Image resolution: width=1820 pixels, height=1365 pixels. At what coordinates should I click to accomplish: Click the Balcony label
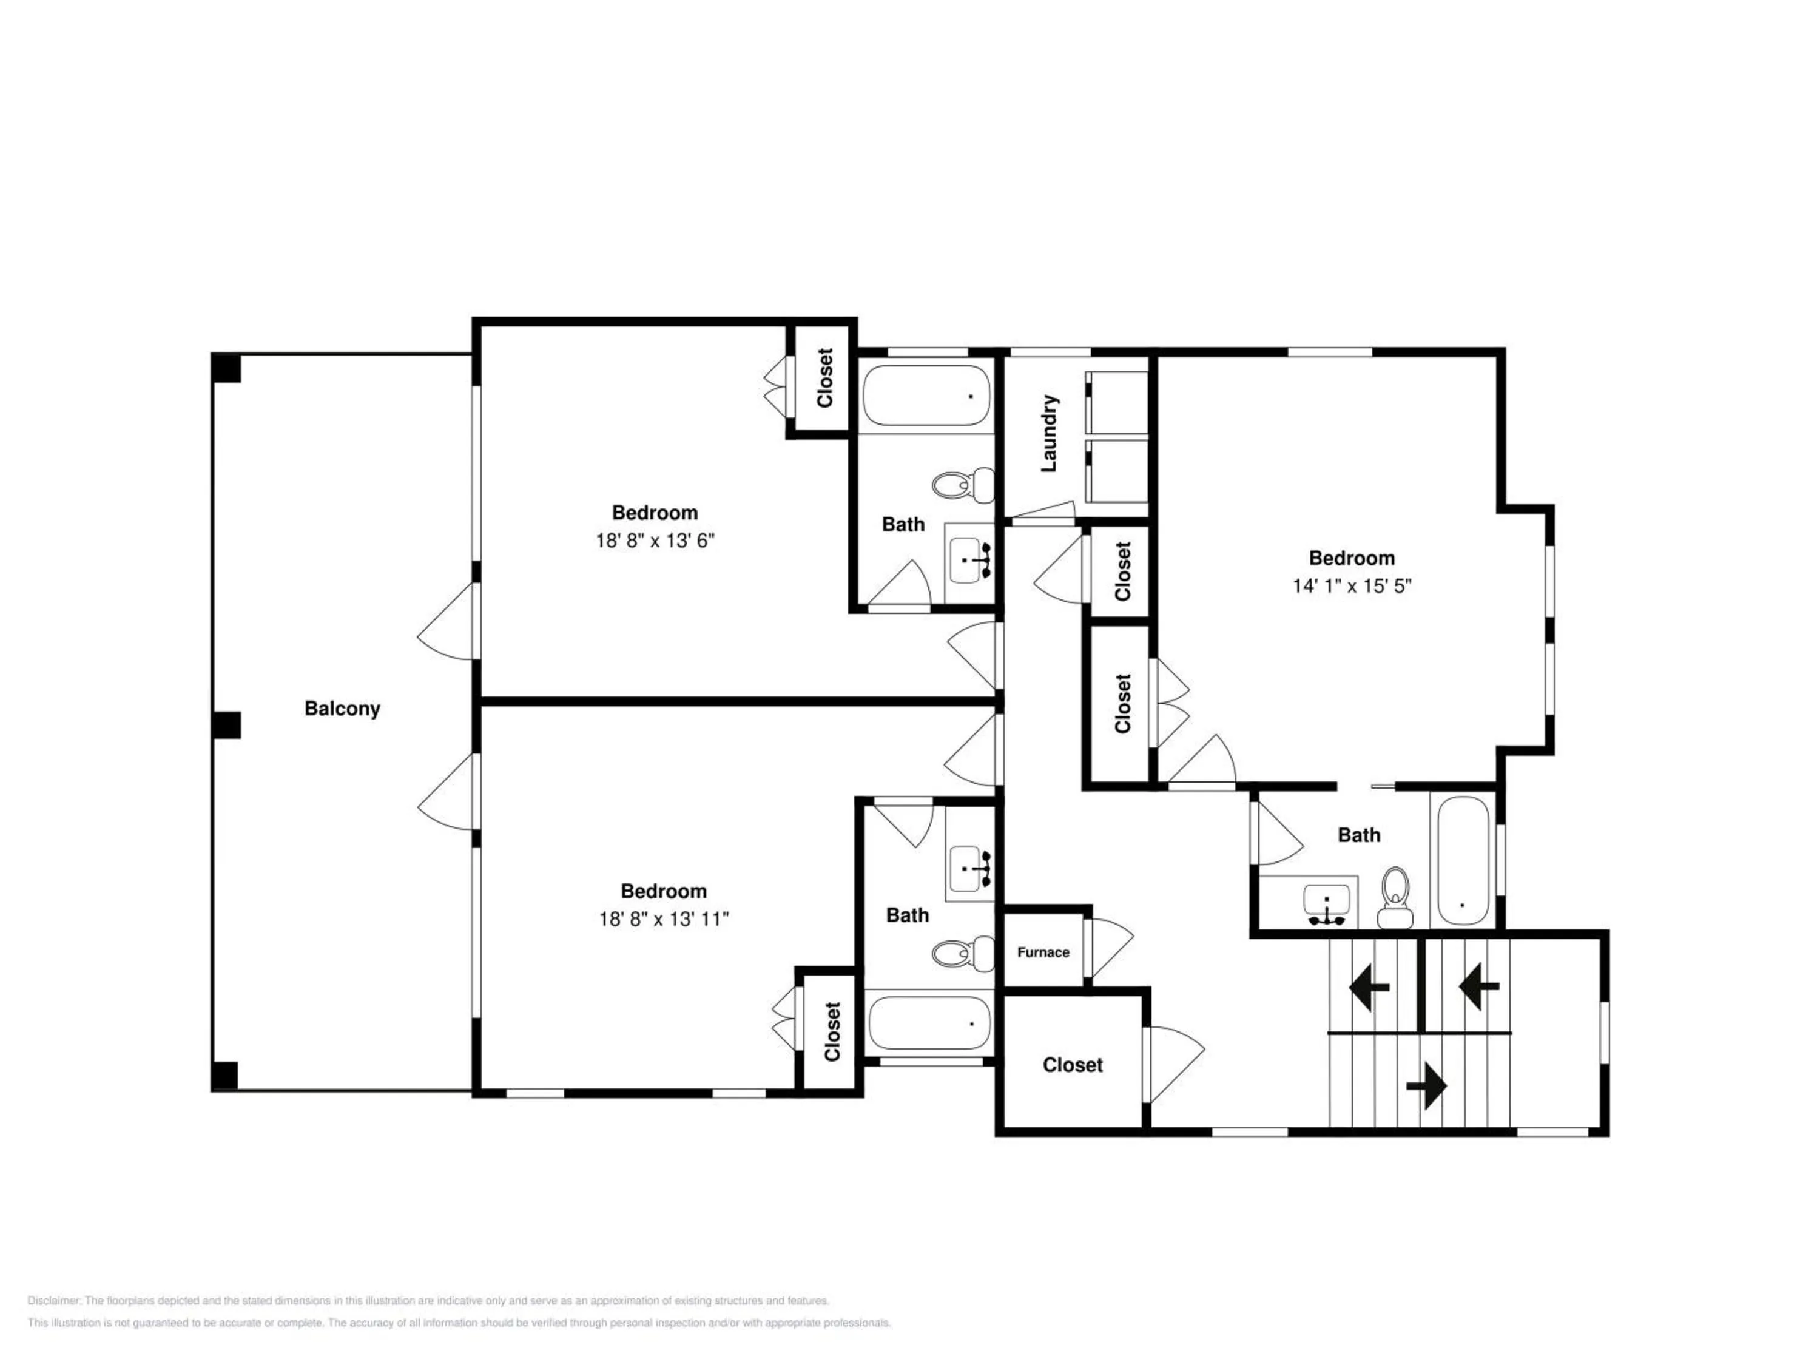point(342,709)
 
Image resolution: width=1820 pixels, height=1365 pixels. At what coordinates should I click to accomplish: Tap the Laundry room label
point(1048,434)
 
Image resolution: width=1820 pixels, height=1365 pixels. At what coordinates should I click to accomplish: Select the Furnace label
point(1043,952)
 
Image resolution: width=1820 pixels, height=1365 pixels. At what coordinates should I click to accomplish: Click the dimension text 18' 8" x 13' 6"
point(655,541)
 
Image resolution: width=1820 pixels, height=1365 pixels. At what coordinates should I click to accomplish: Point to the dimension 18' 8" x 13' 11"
point(664,919)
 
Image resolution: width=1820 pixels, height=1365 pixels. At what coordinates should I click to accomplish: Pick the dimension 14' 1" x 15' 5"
point(1352,586)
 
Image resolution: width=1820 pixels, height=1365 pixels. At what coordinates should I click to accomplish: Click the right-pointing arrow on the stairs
point(1426,1086)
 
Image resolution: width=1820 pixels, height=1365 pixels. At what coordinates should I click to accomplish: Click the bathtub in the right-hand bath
point(1462,861)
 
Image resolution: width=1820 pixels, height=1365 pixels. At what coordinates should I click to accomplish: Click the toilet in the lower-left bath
point(963,953)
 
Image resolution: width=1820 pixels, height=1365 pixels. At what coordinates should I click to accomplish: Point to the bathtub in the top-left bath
point(926,396)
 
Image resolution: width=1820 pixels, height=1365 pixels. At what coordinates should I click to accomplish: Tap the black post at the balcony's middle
point(226,725)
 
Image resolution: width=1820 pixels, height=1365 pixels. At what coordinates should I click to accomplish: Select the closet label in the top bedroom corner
point(824,378)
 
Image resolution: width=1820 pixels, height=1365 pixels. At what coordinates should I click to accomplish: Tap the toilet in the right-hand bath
point(1395,896)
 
